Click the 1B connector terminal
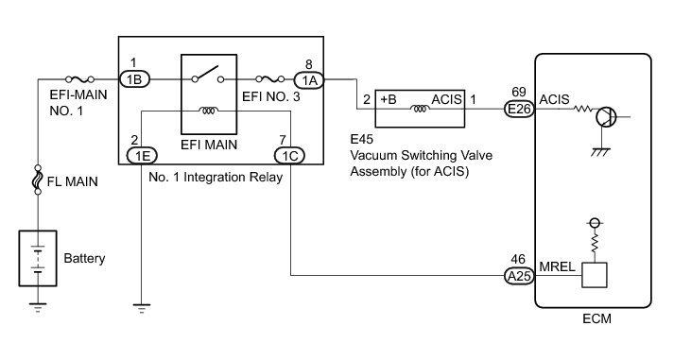pyautogui.click(x=134, y=79)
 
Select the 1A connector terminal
pyautogui.click(x=309, y=80)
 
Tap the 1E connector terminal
pyautogui.click(x=143, y=155)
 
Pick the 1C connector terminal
pyautogui.click(x=289, y=155)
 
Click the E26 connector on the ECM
pyautogui.click(x=519, y=109)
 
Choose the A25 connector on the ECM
pyautogui.click(x=519, y=275)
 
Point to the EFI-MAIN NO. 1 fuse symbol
pyautogui.click(x=79, y=79)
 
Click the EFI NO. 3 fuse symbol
pyautogui.click(x=270, y=79)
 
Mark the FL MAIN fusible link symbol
pyautogui.click(x=38, y=180)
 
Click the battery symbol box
pyautogui.click(x=38, y=258)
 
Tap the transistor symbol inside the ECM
pyautogui.click(x=606, y=116)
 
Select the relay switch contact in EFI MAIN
pyautogui.click(x=209, y=74)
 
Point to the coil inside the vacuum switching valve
pyautogui.click(x=420, y=109)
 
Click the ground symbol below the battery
pyautogui.click(x=38, y=308)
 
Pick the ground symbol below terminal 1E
pyautogui.click(x=142, y=308)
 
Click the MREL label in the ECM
pyautogui.click(x=557, y=266)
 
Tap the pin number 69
pyautogui.click(x=519, y=92)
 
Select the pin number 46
pyautogui.click(x=518, y=259)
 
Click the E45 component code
pyautogui.click(x=361, y=139)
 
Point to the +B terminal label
pyautogui.click(x=389, y=99)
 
